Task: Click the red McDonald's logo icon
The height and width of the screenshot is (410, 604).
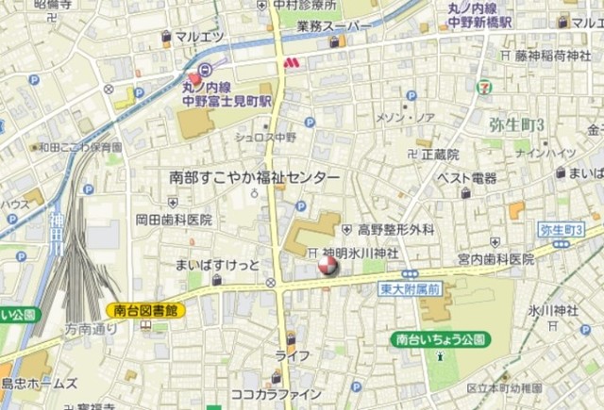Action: click(x=292, y=61)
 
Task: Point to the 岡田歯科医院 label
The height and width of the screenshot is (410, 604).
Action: click(x=174, y=219)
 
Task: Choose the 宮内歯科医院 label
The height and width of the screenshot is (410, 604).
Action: click(x=496, y=257)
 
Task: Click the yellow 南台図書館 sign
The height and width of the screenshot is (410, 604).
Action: click(x=139, y=309)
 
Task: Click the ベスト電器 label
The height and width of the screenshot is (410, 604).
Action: click(x=466, y=177)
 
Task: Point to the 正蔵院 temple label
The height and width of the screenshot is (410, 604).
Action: click(x=440, y=153)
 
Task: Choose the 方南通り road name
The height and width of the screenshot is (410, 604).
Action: click(x=91, y=329)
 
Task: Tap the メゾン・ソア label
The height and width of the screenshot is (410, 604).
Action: click(x=406, y=117)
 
